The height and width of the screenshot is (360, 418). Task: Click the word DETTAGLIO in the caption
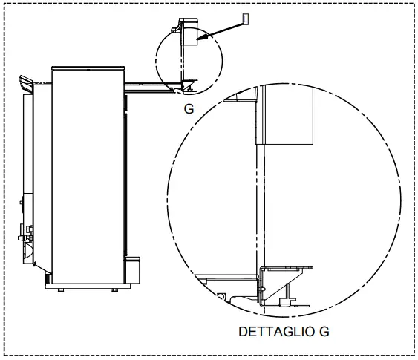point(270,332)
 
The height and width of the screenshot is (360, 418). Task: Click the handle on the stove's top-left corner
point(25,82)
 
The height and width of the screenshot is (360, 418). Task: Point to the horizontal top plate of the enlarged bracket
point(286,266)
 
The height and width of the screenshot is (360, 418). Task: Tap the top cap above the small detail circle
point(180,27)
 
